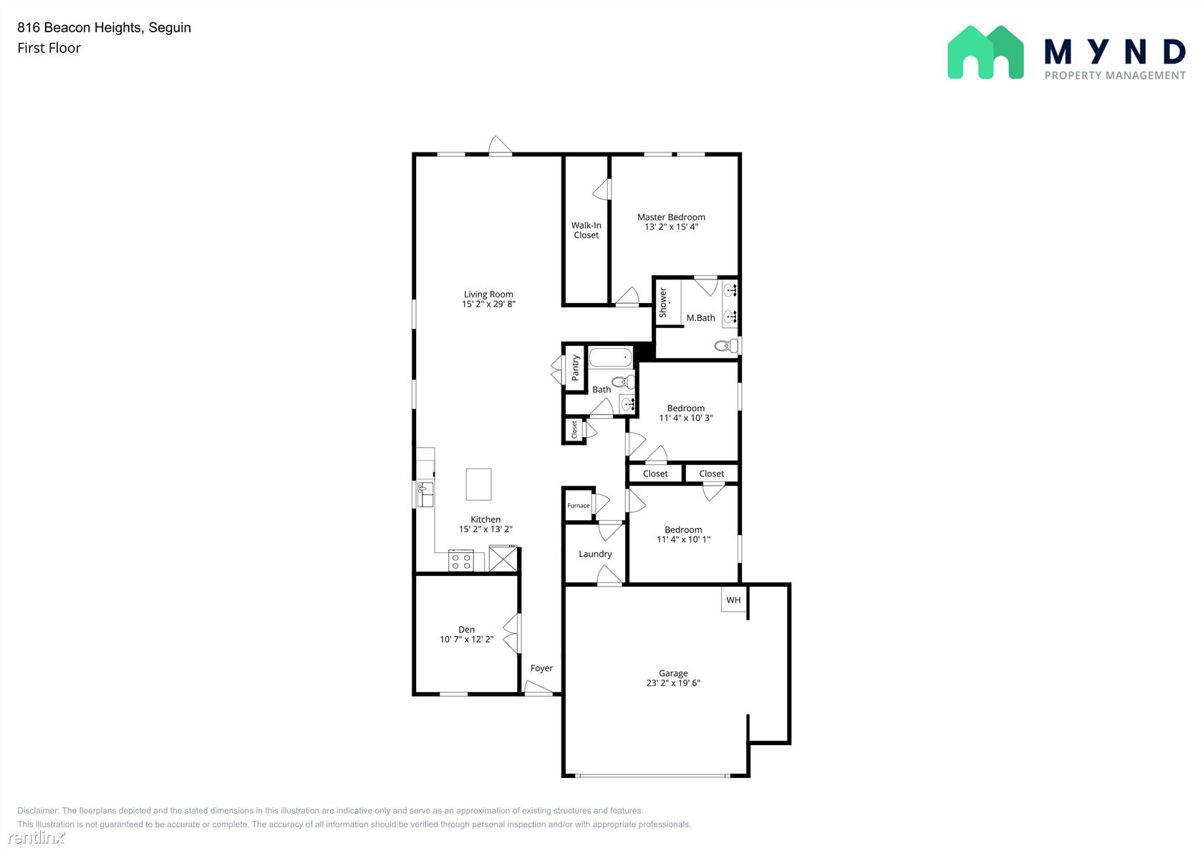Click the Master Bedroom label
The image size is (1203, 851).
pos(671,217)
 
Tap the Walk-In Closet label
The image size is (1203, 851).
pos(586,231)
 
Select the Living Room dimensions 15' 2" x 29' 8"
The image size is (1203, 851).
pos(488,304)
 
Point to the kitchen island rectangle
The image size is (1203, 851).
pos(478,484)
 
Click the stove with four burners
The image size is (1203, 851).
pos(461,561)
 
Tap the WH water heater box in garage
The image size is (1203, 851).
pos(733,600)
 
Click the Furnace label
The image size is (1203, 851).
pos(579,506)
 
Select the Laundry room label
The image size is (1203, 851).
pos(595,554)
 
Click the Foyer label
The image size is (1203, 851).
pos(541,668)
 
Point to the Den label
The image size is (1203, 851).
pos(466,630)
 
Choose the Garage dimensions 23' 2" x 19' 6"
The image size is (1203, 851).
pos(673,683)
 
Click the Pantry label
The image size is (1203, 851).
pos(575,368)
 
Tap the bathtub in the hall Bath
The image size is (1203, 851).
pos(611,357)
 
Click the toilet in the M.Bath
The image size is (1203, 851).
pos(726,346)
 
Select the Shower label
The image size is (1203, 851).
pos(663,302)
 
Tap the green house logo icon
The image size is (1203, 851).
pos(985,52)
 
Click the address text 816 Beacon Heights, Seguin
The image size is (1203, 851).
pos(105,27)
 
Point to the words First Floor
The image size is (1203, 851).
pos(49,48)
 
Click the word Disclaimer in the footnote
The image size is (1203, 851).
pos(37,811)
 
